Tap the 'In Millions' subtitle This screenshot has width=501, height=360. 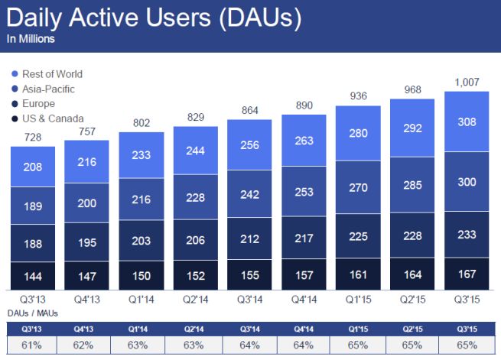pyautogui.click(x=32, y=38)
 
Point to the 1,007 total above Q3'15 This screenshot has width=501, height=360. pyautogui.click(x=467, y=83)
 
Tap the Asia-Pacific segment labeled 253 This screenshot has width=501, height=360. pyautogui.click(x=304, y=193)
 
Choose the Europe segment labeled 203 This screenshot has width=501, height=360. pyautogui.click(x=141, y=240)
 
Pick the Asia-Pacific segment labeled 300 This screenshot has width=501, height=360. pyautogui.click(x=467, y=181)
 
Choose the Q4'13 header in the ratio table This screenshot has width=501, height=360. pyautogui.click(x=86, y=329)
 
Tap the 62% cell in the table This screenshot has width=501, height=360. pyautogui.click(x=86, y=345)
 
